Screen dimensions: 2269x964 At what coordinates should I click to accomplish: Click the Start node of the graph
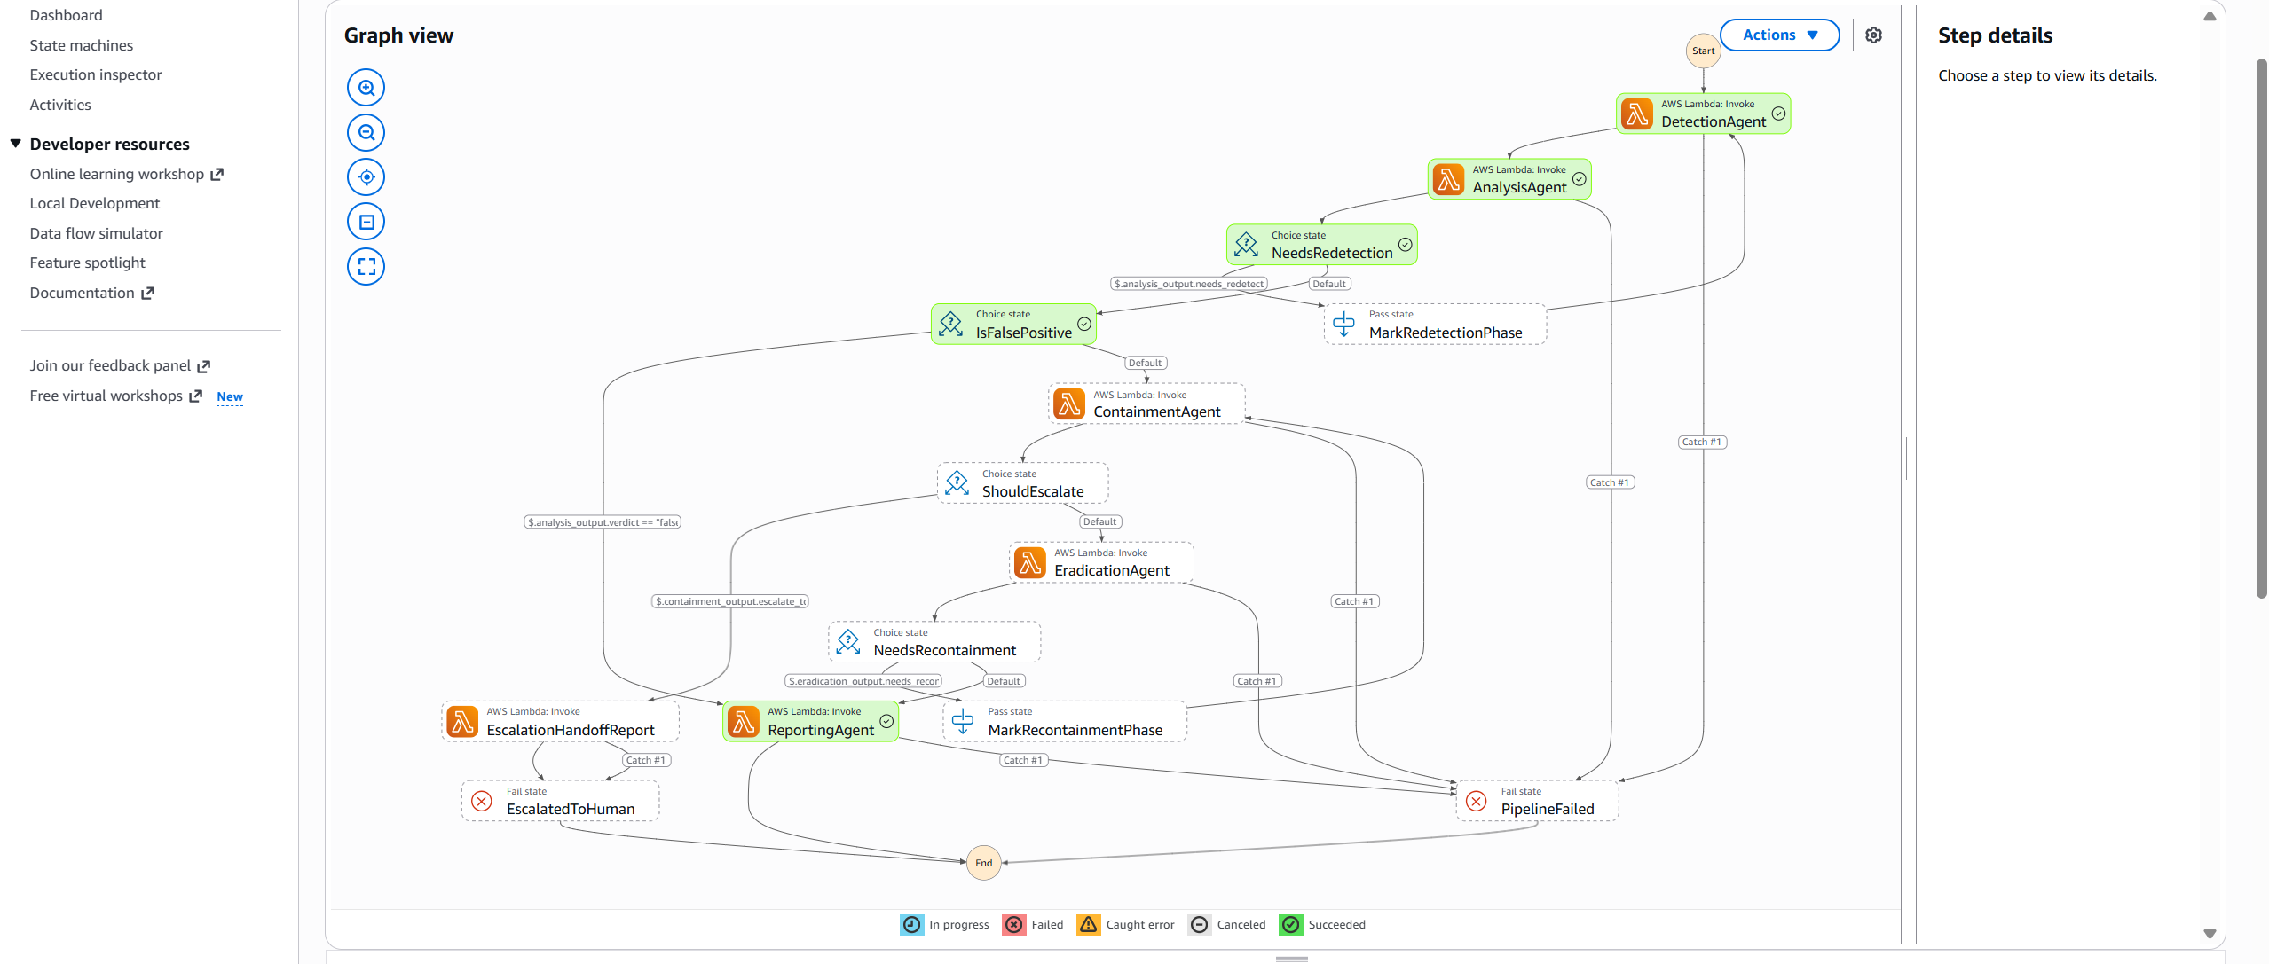coord(1703,51)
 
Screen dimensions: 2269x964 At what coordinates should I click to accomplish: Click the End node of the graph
coord(983,863)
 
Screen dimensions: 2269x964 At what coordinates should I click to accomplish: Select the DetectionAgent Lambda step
coord(1703,114)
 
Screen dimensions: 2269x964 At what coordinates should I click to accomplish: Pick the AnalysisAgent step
coord(1509,179)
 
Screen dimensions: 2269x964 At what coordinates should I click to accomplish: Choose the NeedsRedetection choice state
coord(1321,245)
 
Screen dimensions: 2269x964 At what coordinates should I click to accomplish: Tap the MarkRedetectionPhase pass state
coord(1435,324)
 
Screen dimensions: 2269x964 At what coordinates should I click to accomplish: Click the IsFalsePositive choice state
coord(1013,324)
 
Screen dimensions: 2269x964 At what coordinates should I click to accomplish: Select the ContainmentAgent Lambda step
coord(1146,404)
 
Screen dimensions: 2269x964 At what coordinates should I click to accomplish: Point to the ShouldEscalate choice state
coord(1022,482)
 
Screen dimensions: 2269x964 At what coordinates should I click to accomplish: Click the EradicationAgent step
coord(1101,562)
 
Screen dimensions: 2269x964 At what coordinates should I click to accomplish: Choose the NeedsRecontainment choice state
coord(934,641)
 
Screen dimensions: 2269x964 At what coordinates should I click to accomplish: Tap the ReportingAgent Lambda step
coord(810,721)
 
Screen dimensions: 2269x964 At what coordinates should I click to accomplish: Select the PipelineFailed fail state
coord(1537,801)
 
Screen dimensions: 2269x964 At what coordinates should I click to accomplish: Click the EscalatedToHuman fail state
coord(560,801)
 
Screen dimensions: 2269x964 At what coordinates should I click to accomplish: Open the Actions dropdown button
coord(1779,35)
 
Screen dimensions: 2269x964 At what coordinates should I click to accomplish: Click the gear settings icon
coord(1873,35)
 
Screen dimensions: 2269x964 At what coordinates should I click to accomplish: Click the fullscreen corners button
coord(366,266)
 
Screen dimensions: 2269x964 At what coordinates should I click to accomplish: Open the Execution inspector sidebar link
coord(96,74)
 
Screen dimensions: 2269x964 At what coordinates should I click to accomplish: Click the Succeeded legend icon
coord(1291,924)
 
